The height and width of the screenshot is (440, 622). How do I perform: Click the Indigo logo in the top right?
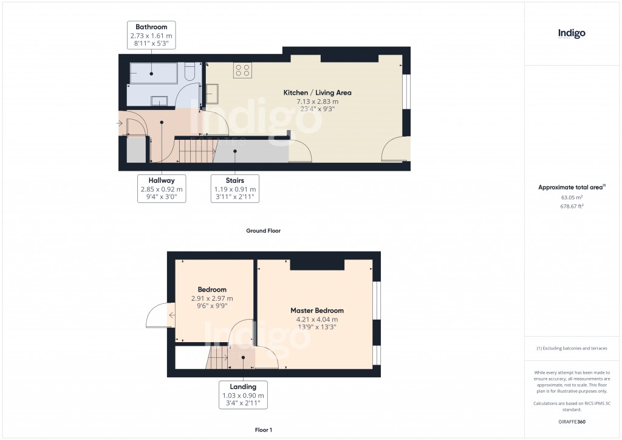click(x=572, y=33)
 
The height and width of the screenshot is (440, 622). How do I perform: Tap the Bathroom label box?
click(x=151, y=35)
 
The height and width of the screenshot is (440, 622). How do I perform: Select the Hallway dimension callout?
click(x=161, y=189)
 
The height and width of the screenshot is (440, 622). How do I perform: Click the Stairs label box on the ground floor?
click(x=234, y=189)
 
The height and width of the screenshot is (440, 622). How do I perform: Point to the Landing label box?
click(x=243, y=395)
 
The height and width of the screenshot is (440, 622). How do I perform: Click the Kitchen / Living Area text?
click(x=317, y=93)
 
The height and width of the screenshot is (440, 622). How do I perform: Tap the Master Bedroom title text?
click(x=316, y=311)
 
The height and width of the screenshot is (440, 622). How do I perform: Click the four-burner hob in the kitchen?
click(x=243, y=70)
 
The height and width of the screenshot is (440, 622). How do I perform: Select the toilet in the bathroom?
click(x=189, y=73)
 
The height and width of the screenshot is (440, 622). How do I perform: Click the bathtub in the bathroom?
click(x=152, y=73)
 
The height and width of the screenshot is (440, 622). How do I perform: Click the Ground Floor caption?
click(x=263, y=231)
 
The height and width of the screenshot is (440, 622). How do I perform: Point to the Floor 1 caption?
click(x=263, y=430)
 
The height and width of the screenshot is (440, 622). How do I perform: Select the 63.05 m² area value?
click(x=572, y=198)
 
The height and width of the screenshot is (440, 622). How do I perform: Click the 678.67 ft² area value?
click(x=572, y=207)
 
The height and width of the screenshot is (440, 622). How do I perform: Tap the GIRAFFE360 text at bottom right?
click(x=572, y=421)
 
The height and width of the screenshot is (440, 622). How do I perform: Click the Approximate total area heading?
click(x=572, y=187)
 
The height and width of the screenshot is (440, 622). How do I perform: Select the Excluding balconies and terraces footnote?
click(x=572, y=348)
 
